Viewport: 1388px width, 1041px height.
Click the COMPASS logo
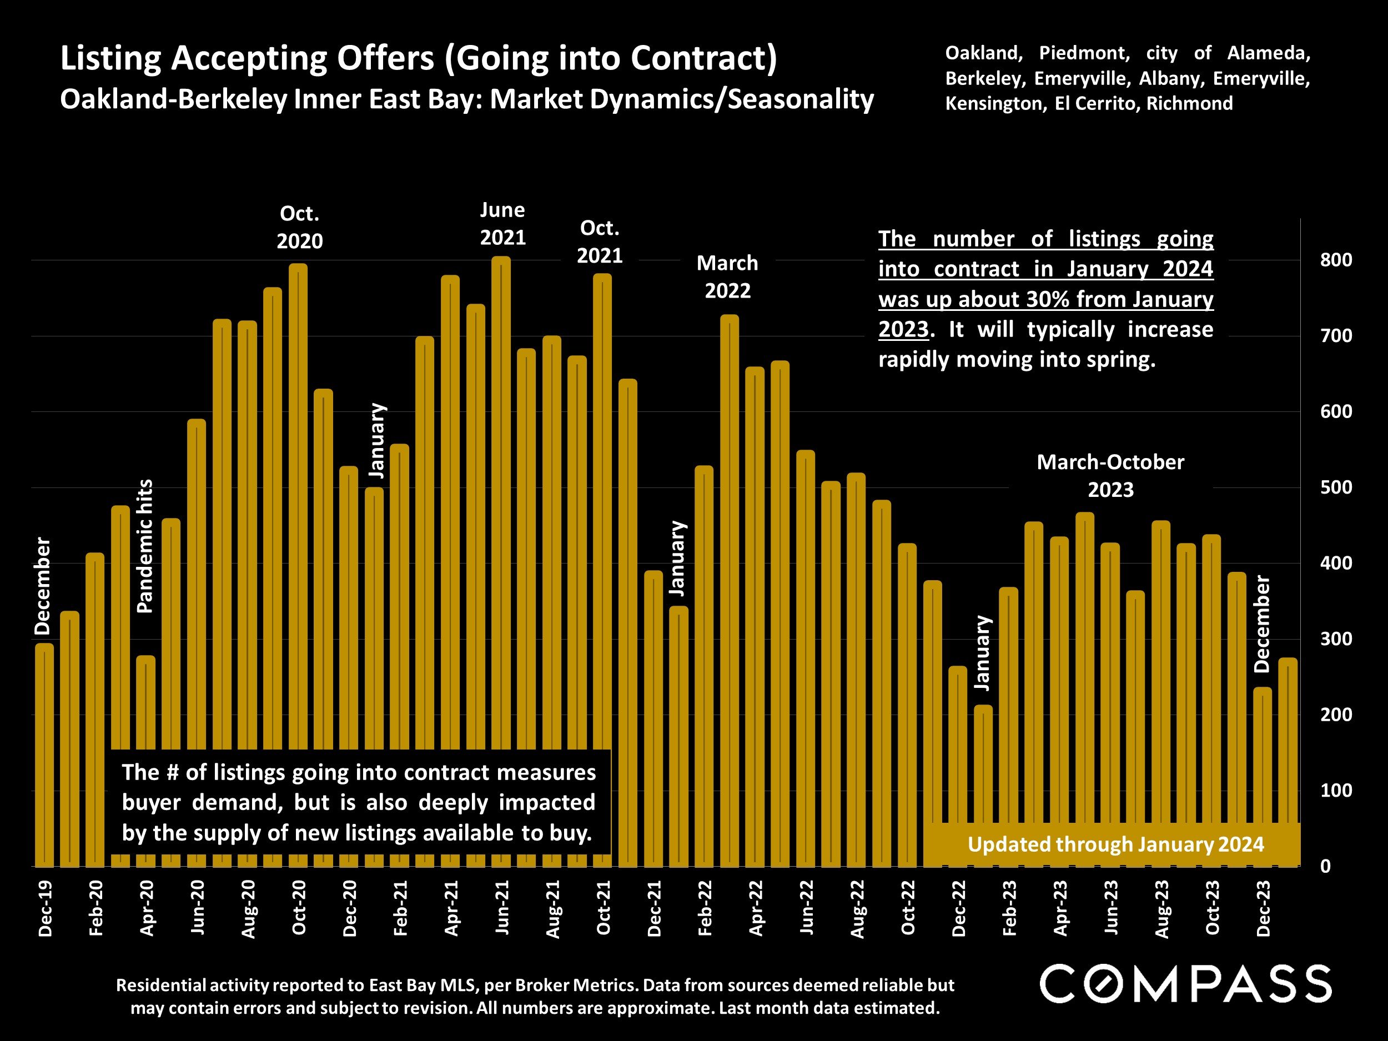pos(1185,984)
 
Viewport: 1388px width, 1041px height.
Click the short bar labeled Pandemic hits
pos(145,703)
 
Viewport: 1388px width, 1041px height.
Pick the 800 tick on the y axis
pos(1335,260)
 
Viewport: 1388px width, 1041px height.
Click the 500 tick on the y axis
pos(1335,488)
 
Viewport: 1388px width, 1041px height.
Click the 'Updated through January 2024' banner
pos(1115,844)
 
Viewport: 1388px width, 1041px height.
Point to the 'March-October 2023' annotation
pos(1110,476)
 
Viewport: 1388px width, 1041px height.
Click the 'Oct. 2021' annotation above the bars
pos(600,242)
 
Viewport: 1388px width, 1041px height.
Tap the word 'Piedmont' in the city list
pos(1084,53)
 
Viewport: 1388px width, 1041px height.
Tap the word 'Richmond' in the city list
pos(1189,103)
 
